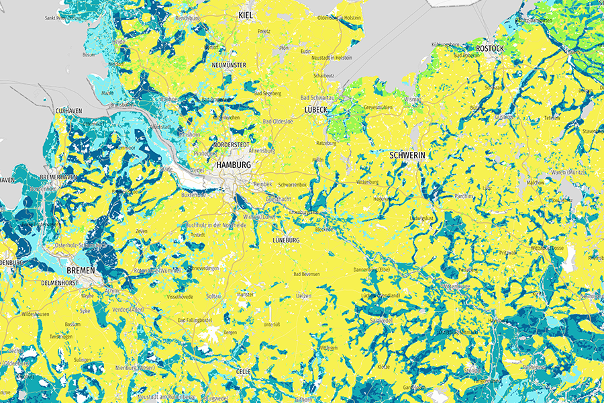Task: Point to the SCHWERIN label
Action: [x=407, y=155]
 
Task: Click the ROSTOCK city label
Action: [x=489, y=49]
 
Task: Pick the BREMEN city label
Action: [x=81, y=270]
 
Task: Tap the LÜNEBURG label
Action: [x=290, y=240]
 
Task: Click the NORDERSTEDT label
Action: [x=231, y=145]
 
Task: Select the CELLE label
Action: [x=243, y=371]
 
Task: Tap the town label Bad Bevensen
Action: [x=307, y=274]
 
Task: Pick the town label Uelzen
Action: [x=304, y=298]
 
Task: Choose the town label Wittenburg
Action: [x=368, y=182]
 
